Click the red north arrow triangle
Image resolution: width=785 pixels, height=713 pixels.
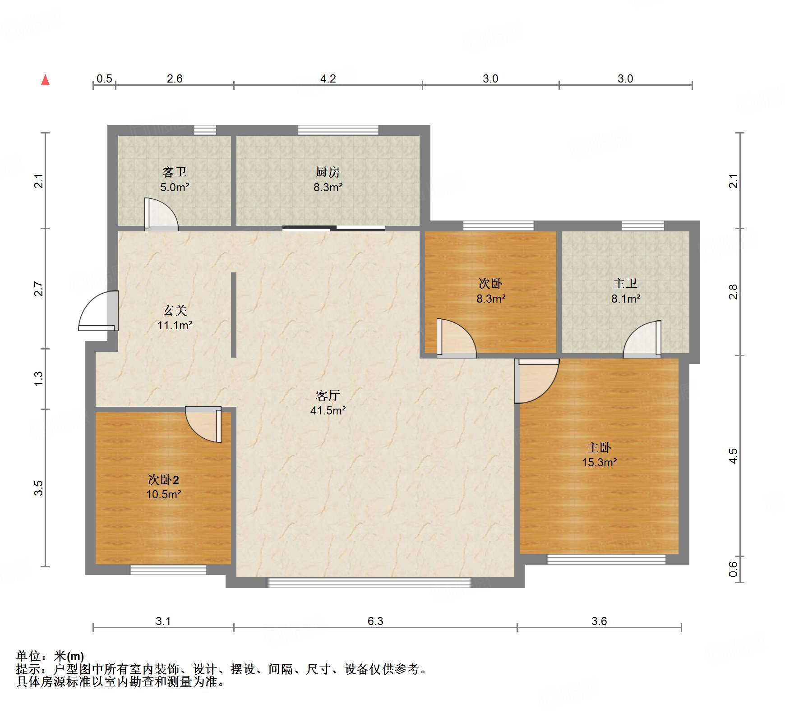tap(45, 80)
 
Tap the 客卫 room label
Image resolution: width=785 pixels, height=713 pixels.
tap(175, 172)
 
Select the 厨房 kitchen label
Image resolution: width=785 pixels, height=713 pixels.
tap(328, 172)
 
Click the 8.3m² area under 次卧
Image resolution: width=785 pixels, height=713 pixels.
tap(491, 299)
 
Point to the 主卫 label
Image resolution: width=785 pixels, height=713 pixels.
tap(625, 283)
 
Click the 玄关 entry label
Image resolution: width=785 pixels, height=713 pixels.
tap(175, 310)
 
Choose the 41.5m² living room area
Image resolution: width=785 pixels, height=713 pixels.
tap(328, 410)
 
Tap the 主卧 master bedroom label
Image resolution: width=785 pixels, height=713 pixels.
tap(599, 447)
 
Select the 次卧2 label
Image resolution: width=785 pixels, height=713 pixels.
tap(163, 479)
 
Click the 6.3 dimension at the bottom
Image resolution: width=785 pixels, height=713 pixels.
tap(375, 621)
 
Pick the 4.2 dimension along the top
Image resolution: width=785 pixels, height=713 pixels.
tap(328, 78)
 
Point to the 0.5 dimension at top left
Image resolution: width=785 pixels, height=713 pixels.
tap(104, 78)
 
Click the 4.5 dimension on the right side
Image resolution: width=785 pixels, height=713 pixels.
tap(734, 456)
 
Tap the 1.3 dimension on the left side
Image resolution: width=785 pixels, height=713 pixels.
tap(39, 378)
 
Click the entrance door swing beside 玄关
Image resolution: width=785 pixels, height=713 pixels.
tap(98, 311)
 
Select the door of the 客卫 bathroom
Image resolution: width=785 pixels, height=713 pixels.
tap(161, 214)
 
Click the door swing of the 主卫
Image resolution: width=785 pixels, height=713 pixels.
tap(642, 339)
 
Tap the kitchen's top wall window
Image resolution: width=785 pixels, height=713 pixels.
tap(338, 130)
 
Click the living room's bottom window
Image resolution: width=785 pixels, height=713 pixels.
tap(369, 583)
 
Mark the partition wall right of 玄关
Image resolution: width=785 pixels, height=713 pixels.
tap(234, 315)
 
